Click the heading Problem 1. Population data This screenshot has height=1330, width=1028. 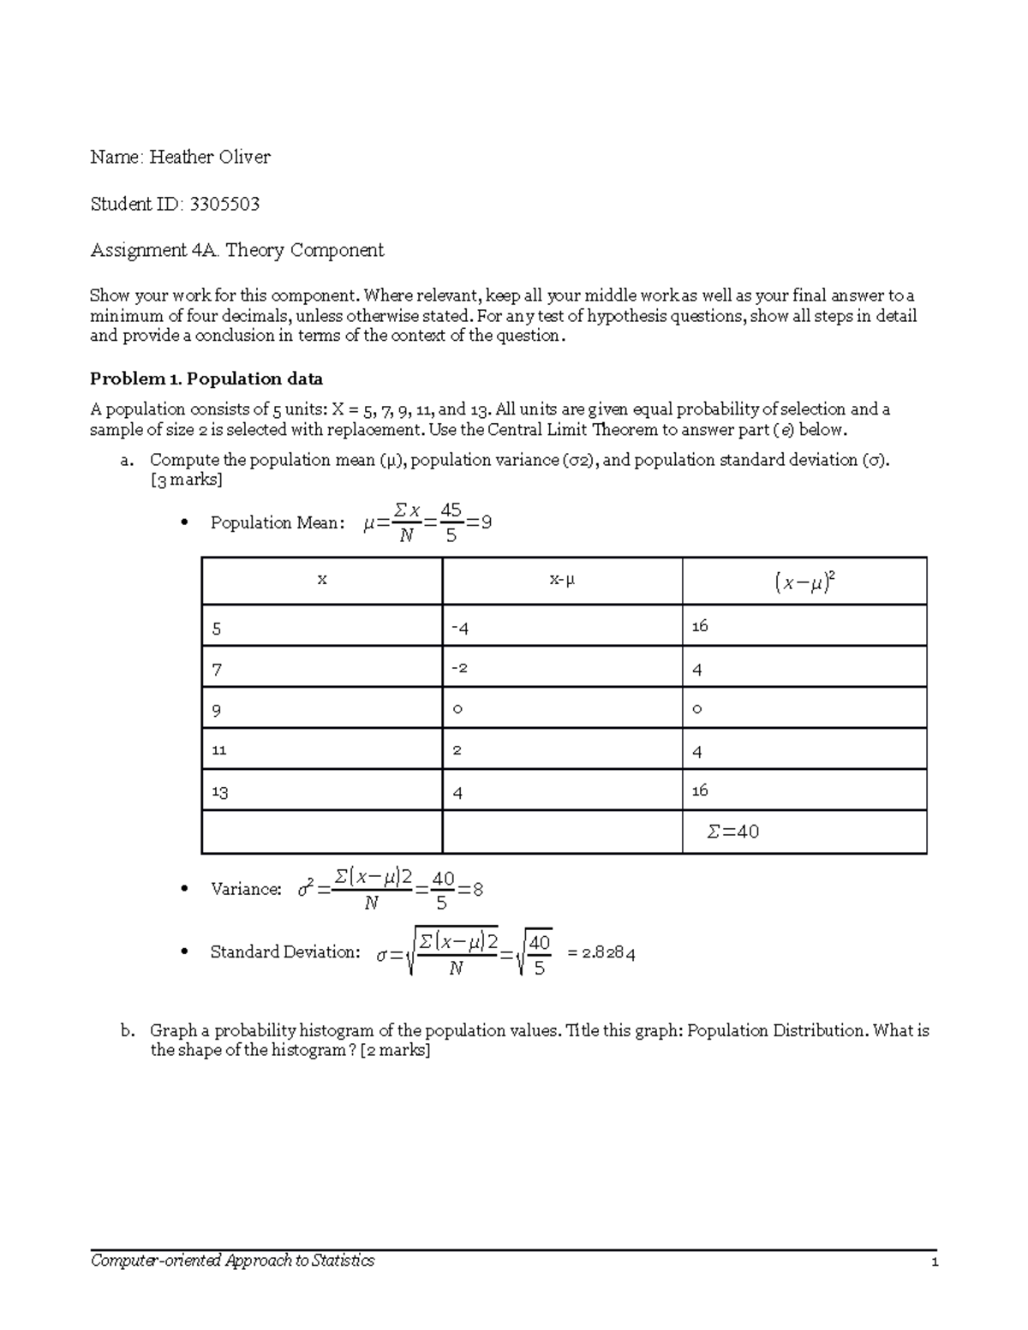click(x=206, y=379)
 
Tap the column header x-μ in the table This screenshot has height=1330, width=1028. click(x=562, y=580)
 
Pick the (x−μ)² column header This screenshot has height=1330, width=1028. click(x=804, y=582)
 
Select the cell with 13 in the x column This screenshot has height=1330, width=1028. click(x=220, y=791)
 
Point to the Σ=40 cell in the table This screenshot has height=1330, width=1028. click(x=733, y=832)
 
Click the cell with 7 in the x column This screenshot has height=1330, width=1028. click(x=217, y=669)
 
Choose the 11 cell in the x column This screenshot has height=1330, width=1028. click(x=219, y=749)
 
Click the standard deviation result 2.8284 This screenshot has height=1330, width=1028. click(x=607, y=953)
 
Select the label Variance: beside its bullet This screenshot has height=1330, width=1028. click(x=246, y=889)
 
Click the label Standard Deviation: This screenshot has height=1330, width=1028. click(x=285, y=951)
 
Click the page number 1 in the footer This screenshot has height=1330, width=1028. click(x=935, y=1261)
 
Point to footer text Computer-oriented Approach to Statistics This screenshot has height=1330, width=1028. click(x=233, y=1261)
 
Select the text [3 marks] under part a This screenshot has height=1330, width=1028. click(x=186, y=480)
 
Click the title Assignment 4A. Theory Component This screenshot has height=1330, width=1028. click(x=237, y=250)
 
